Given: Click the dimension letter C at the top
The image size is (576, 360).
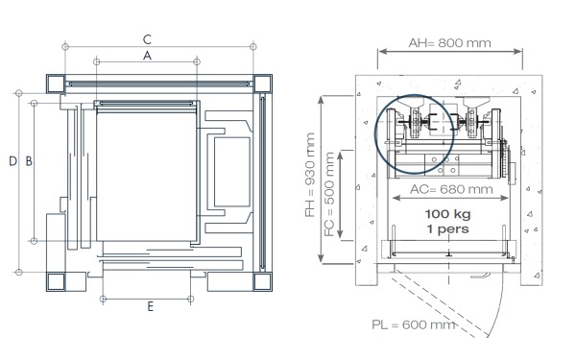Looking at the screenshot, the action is tap(147, 39).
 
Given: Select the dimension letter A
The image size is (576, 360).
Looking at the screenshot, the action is tap(147, 56).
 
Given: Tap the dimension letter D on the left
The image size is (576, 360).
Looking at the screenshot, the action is tap(12, 161).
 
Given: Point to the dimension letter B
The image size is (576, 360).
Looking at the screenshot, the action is tap(29, 161).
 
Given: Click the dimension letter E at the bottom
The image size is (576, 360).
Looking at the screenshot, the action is tap(151, 306).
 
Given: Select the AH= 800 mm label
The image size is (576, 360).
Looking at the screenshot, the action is tap(449, 43).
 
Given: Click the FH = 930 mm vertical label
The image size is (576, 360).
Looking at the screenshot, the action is tap(310, 175).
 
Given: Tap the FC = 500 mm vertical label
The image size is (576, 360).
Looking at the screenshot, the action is tap(329, 194).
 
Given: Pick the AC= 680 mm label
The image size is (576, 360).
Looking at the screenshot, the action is tap(451, 189).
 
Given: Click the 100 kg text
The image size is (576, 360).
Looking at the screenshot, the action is tap(447, 214).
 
